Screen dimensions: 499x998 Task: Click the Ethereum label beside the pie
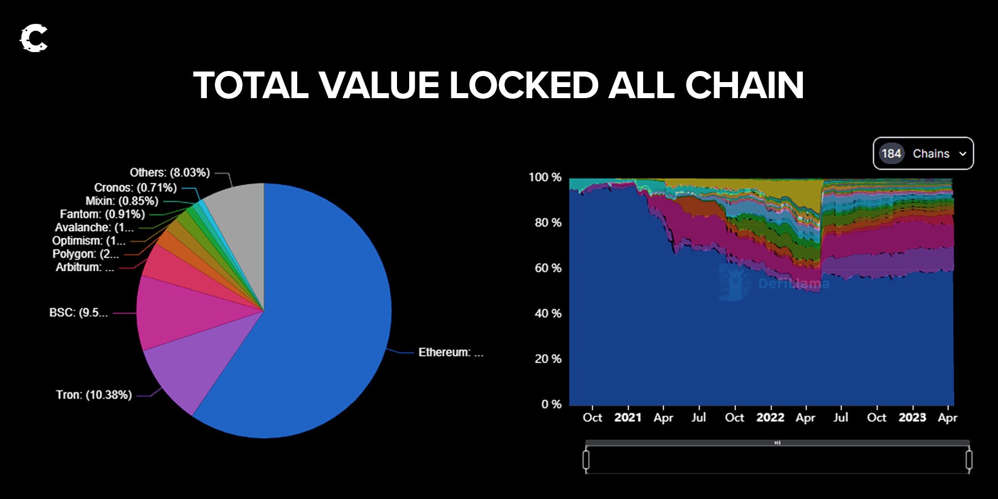pos(450,353)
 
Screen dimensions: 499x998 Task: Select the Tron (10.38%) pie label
pos(94,395)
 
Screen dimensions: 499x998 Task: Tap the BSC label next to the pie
pos(78,313)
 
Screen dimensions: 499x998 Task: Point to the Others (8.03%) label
pos(170,172)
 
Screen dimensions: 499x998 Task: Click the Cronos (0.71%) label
pos(135,187)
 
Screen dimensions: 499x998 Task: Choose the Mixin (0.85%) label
pos(121,201)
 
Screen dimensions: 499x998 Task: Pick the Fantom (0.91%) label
pos(102,214)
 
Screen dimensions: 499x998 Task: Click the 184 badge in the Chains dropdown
pos(891,154)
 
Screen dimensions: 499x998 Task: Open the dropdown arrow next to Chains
pos(963,154)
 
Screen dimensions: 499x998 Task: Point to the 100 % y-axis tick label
pos(544,177)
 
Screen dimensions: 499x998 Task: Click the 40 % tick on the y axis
pos(548,314)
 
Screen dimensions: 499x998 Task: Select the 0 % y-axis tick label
pos(551,405)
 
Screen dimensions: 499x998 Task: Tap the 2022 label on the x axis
pos(770,417)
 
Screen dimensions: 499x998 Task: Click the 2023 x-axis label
pos(912,417)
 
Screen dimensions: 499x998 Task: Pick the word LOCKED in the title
pos(523,86)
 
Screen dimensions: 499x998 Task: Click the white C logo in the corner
pos(34,38)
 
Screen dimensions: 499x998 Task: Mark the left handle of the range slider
pos(586,460)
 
